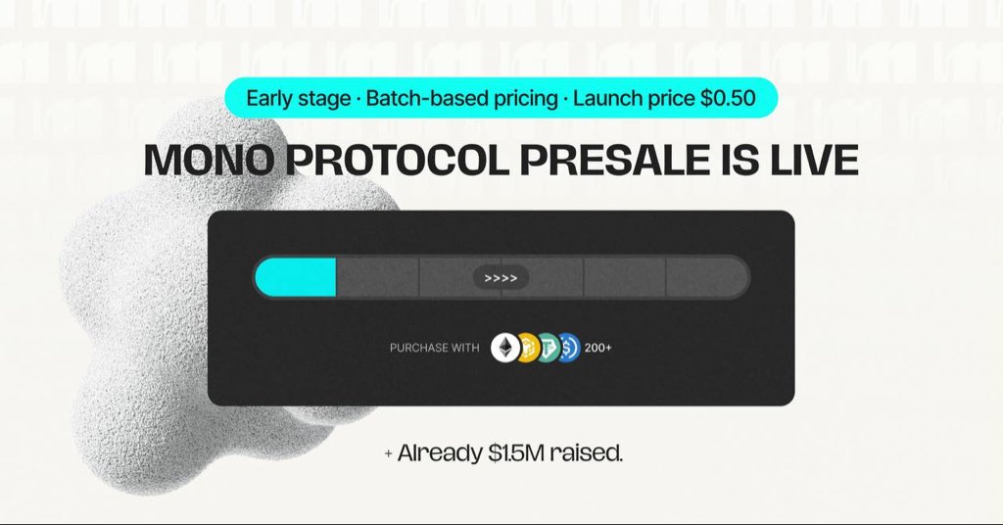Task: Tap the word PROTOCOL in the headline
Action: (x=397, y=160)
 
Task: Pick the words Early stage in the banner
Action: (x=298, y=99)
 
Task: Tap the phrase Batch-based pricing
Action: (x=462, y=99)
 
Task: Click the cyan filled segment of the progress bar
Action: (x=296, y=277)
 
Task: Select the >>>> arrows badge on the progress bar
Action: (x=501, y=278)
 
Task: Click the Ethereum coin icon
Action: (x=505, y=348)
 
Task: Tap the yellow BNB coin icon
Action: (x=527, y=348)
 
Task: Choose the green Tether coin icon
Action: (x=548, y=348)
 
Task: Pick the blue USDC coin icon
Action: (x=569, y=348)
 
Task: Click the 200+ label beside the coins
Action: (x=598, y=348)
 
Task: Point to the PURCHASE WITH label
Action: (x=434, y=348)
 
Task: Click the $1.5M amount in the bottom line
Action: (x=516, y=453)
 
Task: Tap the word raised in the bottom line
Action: (x=586, y=453)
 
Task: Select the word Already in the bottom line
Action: (x=440, y=453)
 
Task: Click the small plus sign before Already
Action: (x=388, y=454)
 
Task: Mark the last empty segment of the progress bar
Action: (x=707, y=277)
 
